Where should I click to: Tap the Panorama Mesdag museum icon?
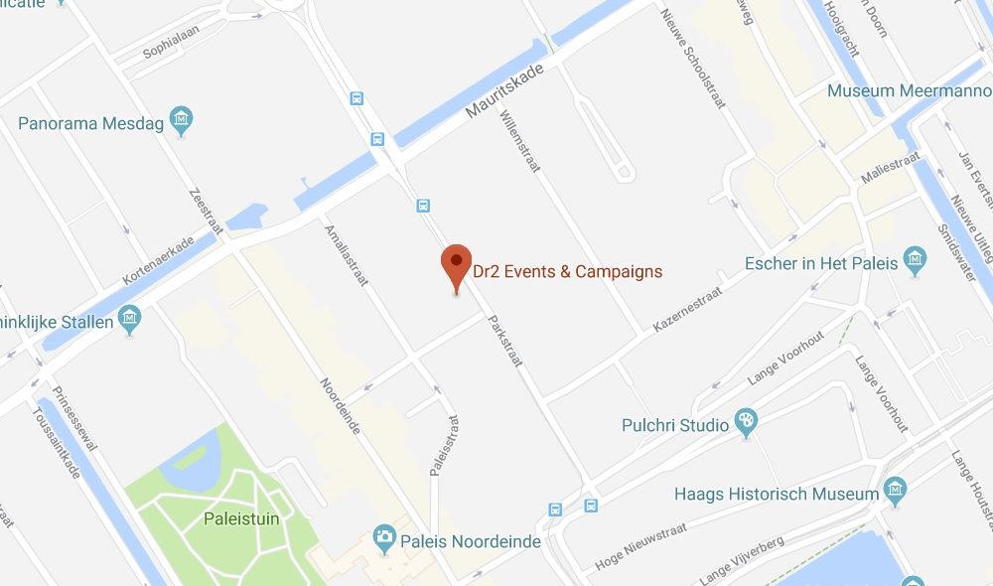tap(181, 122)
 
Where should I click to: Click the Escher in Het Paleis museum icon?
tap(916, 263)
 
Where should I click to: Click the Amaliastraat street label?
tap(347, 254)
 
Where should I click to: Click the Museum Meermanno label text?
tap(910, 90)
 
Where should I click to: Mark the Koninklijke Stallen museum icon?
tap(129, 319)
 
